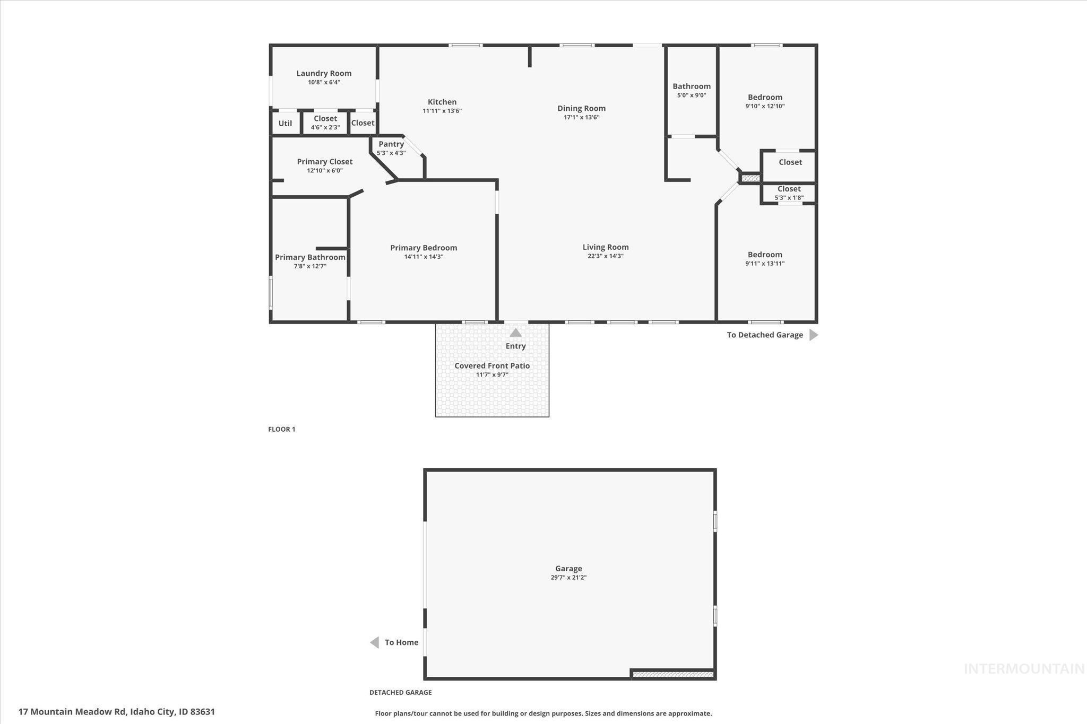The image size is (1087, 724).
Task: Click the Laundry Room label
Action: (324, 74)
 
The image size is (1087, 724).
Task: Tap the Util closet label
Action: (285, 124)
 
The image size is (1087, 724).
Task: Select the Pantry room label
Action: (391, 144)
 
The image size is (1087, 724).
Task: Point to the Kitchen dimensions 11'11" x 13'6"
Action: (442, 111)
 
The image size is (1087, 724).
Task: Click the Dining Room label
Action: (581, 108)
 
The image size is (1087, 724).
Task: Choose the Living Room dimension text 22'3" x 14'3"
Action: (605, 256)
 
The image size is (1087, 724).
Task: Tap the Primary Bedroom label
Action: (424, 248)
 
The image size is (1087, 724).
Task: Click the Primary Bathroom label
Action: (310, 257)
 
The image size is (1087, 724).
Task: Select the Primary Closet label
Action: (324, 162)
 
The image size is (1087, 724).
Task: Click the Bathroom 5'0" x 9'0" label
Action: (691, 86)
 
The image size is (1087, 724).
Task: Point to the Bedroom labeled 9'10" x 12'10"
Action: (765, 98)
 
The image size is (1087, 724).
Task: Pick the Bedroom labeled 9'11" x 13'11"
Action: (765, 255)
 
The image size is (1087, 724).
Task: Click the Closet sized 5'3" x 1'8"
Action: (789, 189)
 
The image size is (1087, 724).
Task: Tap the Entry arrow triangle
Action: (515, 333)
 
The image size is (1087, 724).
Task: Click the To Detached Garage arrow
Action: (813, 335)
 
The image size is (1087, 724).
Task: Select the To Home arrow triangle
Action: (375, 642)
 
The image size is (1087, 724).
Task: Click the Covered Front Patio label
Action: (492, 366)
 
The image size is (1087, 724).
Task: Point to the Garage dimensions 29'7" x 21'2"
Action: (568, 578)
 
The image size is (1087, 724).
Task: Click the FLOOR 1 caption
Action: (281, 429)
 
